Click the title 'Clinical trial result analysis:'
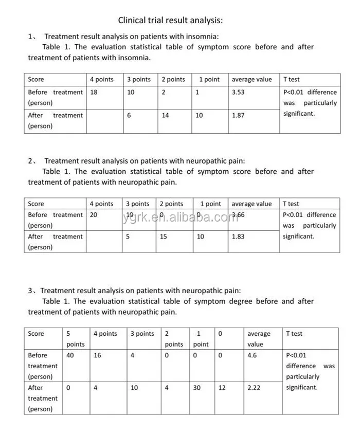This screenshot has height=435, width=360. pos(171,21)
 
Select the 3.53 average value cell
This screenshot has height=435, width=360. pos(238,93)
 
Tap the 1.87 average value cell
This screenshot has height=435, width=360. pos(238,116)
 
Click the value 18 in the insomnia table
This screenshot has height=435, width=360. pos(94,93)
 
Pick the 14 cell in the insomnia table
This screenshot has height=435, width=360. pos(165,116)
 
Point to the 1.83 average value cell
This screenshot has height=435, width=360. pos(238,237)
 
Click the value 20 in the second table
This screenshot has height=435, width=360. pos(94,215)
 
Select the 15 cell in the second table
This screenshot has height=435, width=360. pos(163,237)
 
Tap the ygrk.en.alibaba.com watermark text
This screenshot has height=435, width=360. pos(181,217)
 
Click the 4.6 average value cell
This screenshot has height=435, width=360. pos(253,355)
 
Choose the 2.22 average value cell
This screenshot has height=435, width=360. pos(254,388)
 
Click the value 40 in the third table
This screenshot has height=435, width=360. pos(70,355)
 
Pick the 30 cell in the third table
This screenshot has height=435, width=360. pos(197,388)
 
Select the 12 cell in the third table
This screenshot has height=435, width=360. pos(222,388)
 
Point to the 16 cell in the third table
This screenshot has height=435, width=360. pos(98,355)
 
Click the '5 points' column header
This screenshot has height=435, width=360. pos(75,339)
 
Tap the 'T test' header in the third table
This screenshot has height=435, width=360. pos(294,334)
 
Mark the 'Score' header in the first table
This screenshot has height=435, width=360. pos(36,80)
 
